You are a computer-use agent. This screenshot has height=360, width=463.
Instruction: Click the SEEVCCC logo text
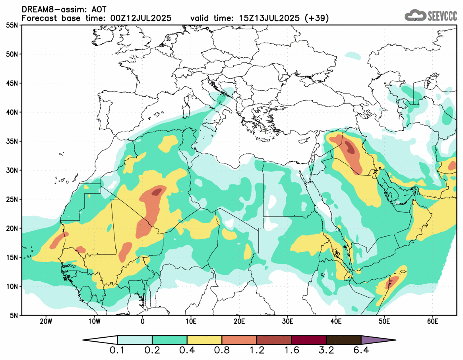442,16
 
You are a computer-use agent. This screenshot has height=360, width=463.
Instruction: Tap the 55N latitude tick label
11,25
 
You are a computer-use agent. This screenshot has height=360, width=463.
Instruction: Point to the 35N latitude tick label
11,141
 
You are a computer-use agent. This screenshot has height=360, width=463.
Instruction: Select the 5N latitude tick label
13,315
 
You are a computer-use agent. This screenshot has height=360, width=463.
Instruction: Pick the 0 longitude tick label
142,321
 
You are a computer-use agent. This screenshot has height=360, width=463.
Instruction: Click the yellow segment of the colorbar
204,340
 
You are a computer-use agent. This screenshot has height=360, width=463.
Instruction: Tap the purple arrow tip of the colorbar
378,340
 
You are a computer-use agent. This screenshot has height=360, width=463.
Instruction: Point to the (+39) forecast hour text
316,18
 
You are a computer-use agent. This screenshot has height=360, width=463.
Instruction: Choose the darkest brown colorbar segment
343,340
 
